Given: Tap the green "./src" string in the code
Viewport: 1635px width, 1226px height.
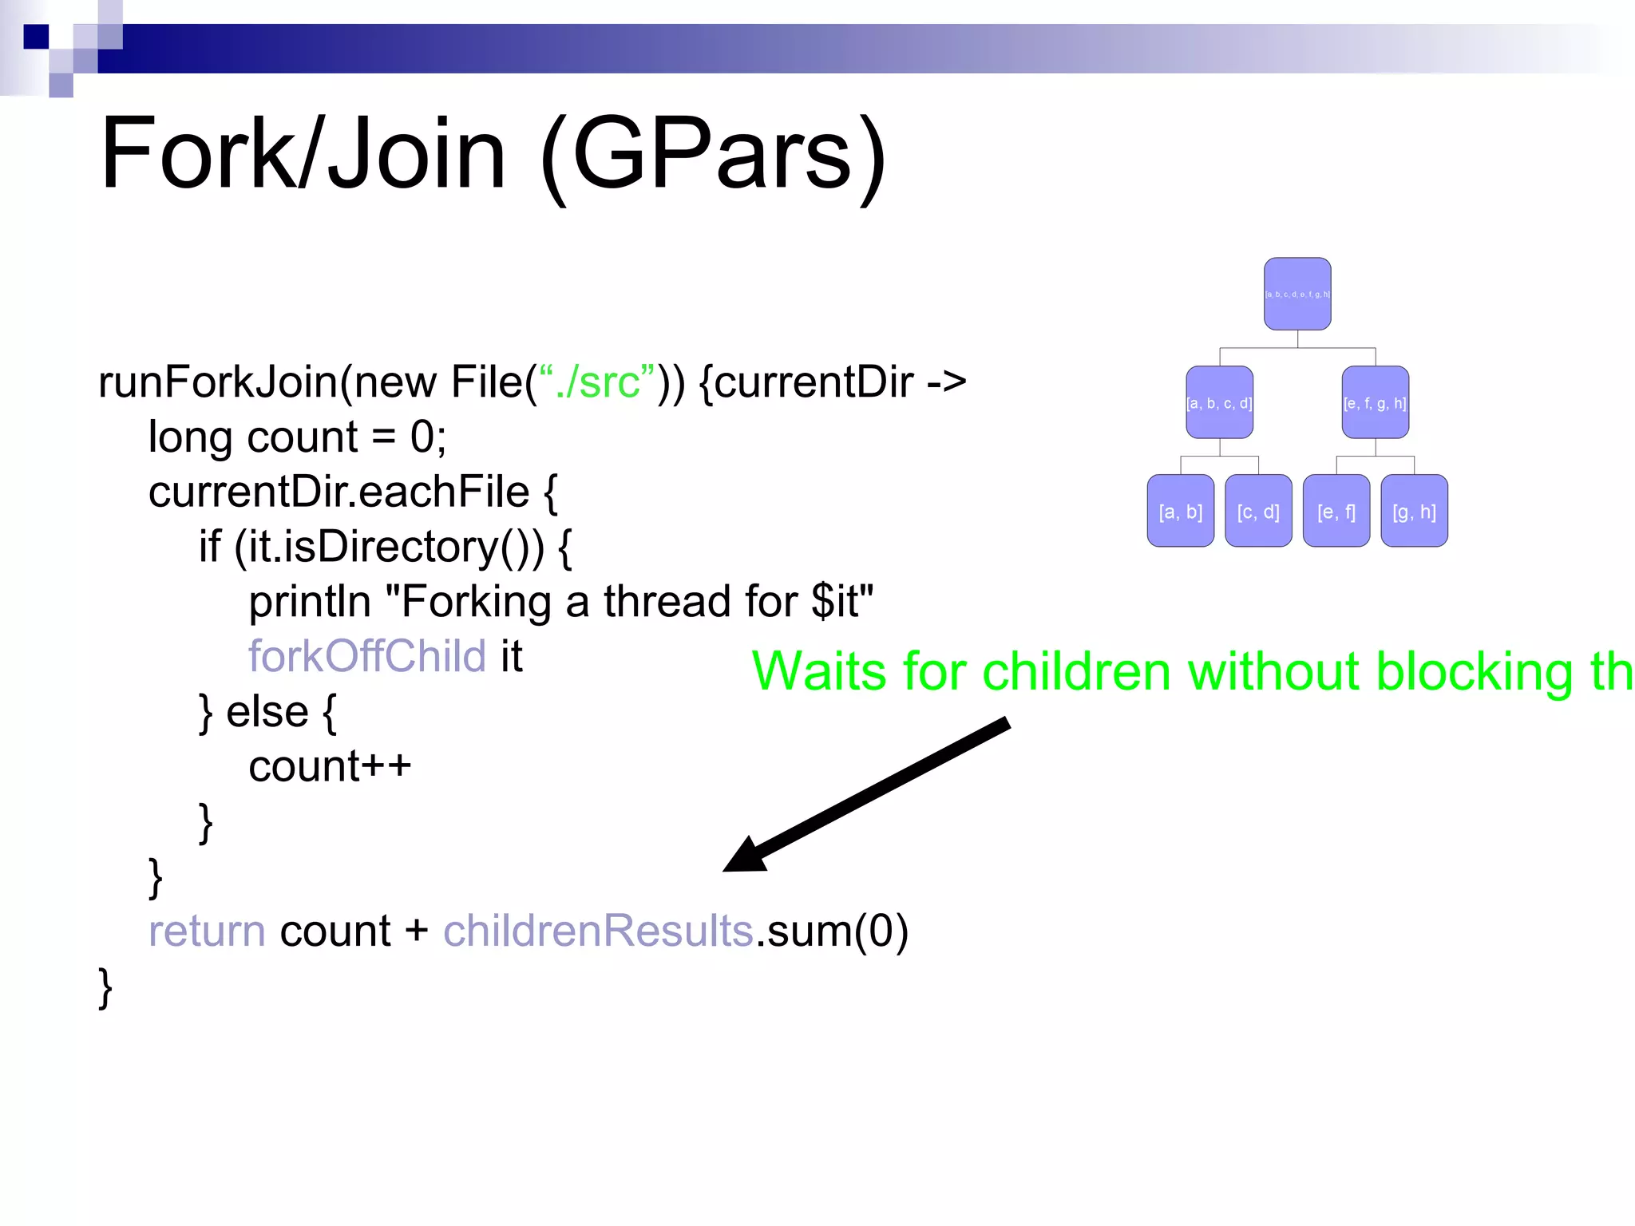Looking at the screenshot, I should tap(597, 382).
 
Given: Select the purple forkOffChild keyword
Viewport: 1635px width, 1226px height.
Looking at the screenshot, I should tap(366, 656).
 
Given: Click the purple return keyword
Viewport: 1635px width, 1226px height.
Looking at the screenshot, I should tap(207, 931).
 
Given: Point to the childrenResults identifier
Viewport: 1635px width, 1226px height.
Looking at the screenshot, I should tap(598, 931).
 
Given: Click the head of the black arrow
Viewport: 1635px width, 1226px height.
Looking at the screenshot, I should tap(742, 858).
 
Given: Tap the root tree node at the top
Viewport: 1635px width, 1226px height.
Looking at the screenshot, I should tap(1297, 294).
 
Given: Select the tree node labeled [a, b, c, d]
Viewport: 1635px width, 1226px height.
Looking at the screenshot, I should tap(1219, 402).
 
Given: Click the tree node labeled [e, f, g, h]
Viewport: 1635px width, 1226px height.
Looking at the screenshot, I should tap(1375, 402).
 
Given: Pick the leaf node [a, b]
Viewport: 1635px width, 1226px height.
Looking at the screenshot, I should tap(1180, 511).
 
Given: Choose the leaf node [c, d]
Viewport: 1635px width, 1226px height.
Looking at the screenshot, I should tap(1258, 511).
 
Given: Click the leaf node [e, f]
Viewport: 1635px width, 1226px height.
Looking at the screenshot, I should tap(1336, 511).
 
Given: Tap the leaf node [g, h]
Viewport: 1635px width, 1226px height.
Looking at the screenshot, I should tap(1414, 511).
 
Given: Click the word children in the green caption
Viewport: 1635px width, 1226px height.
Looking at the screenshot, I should tap(1076, 671).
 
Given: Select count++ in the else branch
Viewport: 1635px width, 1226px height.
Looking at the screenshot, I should tap(330, 766).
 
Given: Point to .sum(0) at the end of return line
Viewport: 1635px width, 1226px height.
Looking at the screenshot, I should tap(832, 931).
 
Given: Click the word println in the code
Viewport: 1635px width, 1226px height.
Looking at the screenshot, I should tap(310, 601).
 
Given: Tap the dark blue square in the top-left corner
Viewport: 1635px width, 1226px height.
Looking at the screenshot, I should tap(36, 37).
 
